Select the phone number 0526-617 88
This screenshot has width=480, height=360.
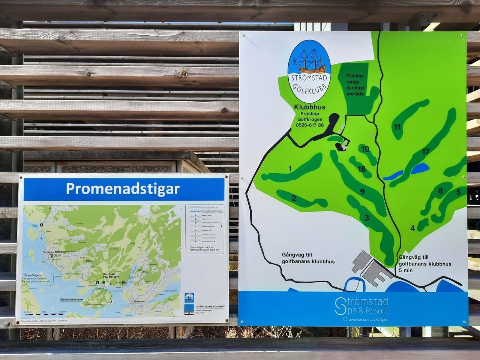coord(310,125)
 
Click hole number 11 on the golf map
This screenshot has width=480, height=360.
coord(397,127)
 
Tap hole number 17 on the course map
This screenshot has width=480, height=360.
coord(425,151)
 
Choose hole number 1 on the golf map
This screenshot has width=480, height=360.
coord(290,168)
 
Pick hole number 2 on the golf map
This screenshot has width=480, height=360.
coord(294,198)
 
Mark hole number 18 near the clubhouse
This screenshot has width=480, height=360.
coord(361,169)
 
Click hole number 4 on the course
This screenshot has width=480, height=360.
coord(412,228)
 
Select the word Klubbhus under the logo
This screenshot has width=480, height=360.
coord(309,107)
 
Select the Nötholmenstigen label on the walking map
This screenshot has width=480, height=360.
coord(72,300)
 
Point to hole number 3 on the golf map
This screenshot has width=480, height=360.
coord(366,217)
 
